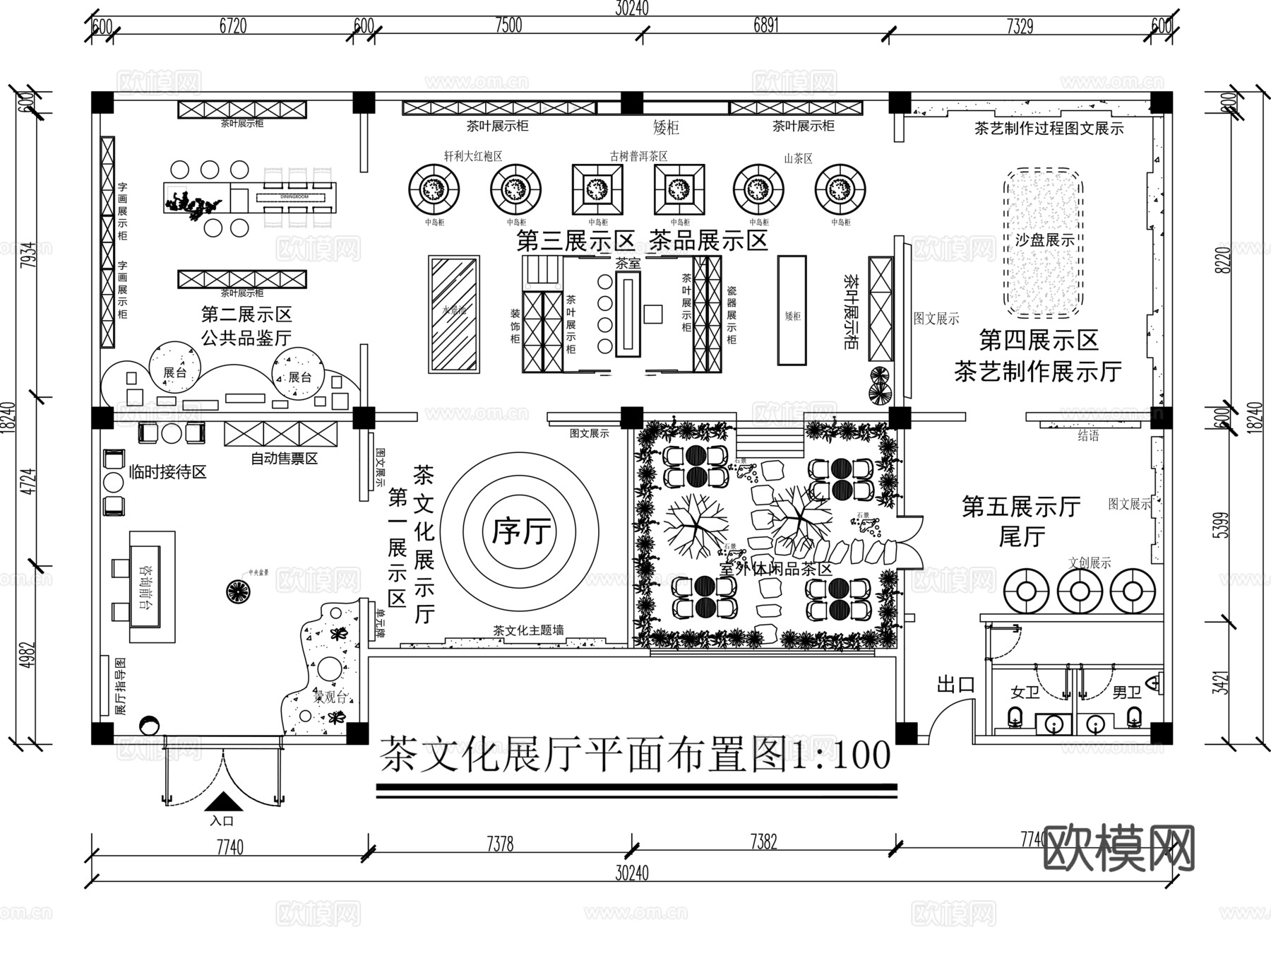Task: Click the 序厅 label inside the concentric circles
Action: pos(522,531)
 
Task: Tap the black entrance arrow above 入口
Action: pos(224,801)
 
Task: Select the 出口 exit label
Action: pos(956,684)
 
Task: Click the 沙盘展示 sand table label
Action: pos(1044,240)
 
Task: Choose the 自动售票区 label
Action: pos(284,459)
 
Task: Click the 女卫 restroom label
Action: pos(1025,693)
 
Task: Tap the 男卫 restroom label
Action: pos(1126,693)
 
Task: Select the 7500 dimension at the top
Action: pos(508,25)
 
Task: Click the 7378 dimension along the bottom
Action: pos(500,844)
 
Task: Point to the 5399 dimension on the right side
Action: pos(1221,525)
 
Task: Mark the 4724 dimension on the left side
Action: pos(28,481)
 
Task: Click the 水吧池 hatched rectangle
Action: pos(454,314)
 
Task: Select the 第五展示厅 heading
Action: pos(1021,507)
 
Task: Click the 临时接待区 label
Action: pos(167,472)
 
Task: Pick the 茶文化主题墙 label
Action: pos(528,630)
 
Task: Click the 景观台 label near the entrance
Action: pos(330,697)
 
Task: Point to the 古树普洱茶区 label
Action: pos(638,156)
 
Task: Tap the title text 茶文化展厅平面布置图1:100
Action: pos(635,755)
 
